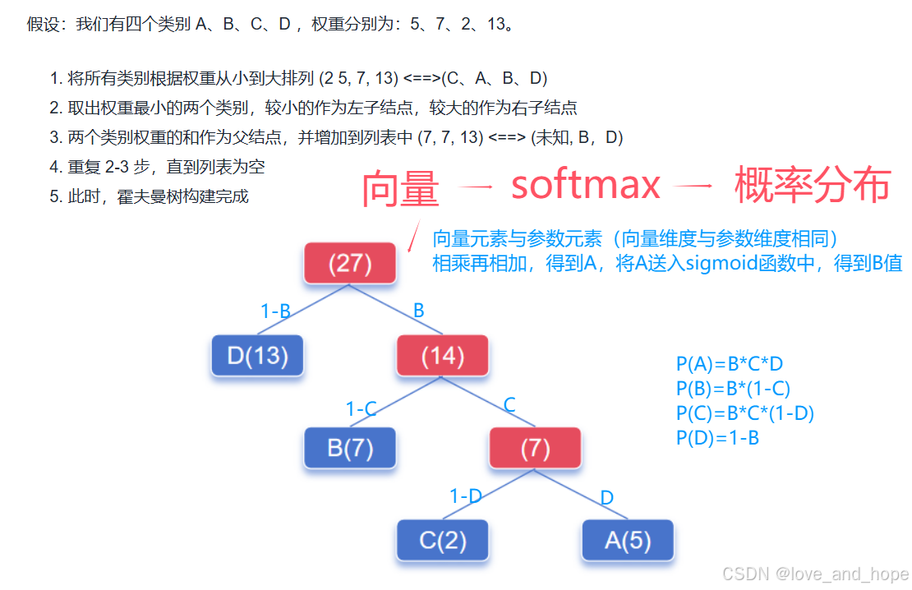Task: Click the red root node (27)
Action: click(350, 264)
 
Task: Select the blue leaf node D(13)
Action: click(258, 356)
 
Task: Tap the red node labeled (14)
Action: click(442, 356)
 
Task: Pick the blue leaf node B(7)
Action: click(350, 448)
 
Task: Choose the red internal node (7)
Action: click(535, 448)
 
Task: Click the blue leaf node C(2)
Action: click(442, 540)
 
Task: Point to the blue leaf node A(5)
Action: click(628, 540)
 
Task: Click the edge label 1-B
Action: click(275, 311)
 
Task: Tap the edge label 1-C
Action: click(361, 408)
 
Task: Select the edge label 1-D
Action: click(465, 496)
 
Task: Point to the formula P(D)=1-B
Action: click(717, 438)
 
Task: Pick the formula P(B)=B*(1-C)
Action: click(733, 389)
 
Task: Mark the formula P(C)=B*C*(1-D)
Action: click(744, 413)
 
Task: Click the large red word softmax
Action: click(585, 186)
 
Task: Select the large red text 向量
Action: click(400, 189)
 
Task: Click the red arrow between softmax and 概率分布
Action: click(693, 187)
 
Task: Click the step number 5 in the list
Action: click(54, 196)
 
